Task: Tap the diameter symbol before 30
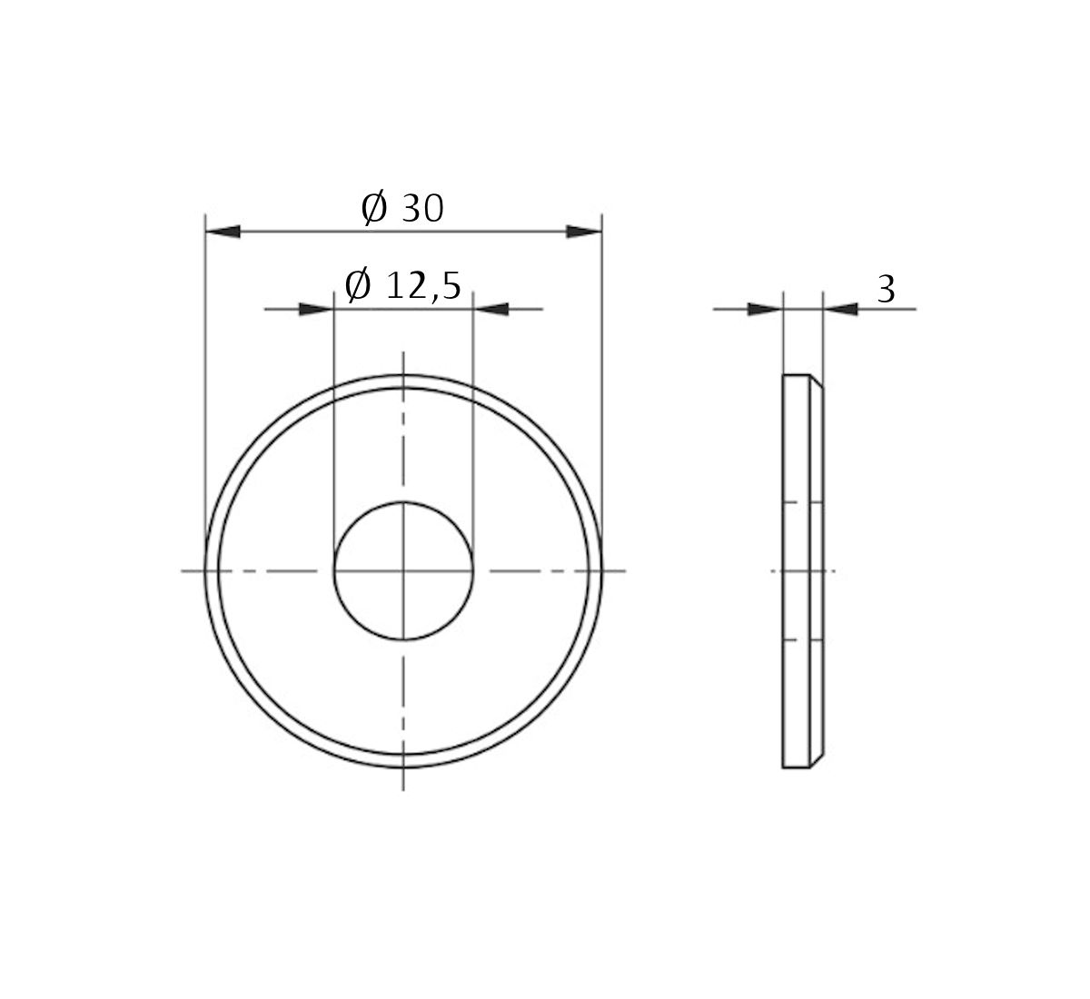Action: (x=373, y=209)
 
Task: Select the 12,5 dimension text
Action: (x=423, y=286)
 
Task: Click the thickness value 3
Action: (x=887, y=290)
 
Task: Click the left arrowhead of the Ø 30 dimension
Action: (x=223, y=232)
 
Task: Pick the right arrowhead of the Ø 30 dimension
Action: (x=584, y=232)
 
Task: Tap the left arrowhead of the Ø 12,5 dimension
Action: (x=316, y=310)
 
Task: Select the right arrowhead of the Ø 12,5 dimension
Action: (x=491, y=310)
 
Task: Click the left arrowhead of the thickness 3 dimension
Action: (x=764, y=310)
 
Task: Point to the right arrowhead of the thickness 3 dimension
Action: (x=841, y=310)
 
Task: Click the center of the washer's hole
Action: (x=403, y=571)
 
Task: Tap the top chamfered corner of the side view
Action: (x=817, y=381)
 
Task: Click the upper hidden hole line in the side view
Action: (x=803, y=502)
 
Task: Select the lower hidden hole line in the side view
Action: (x=803, y=640)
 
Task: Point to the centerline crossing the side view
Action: (x=803, y=571)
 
